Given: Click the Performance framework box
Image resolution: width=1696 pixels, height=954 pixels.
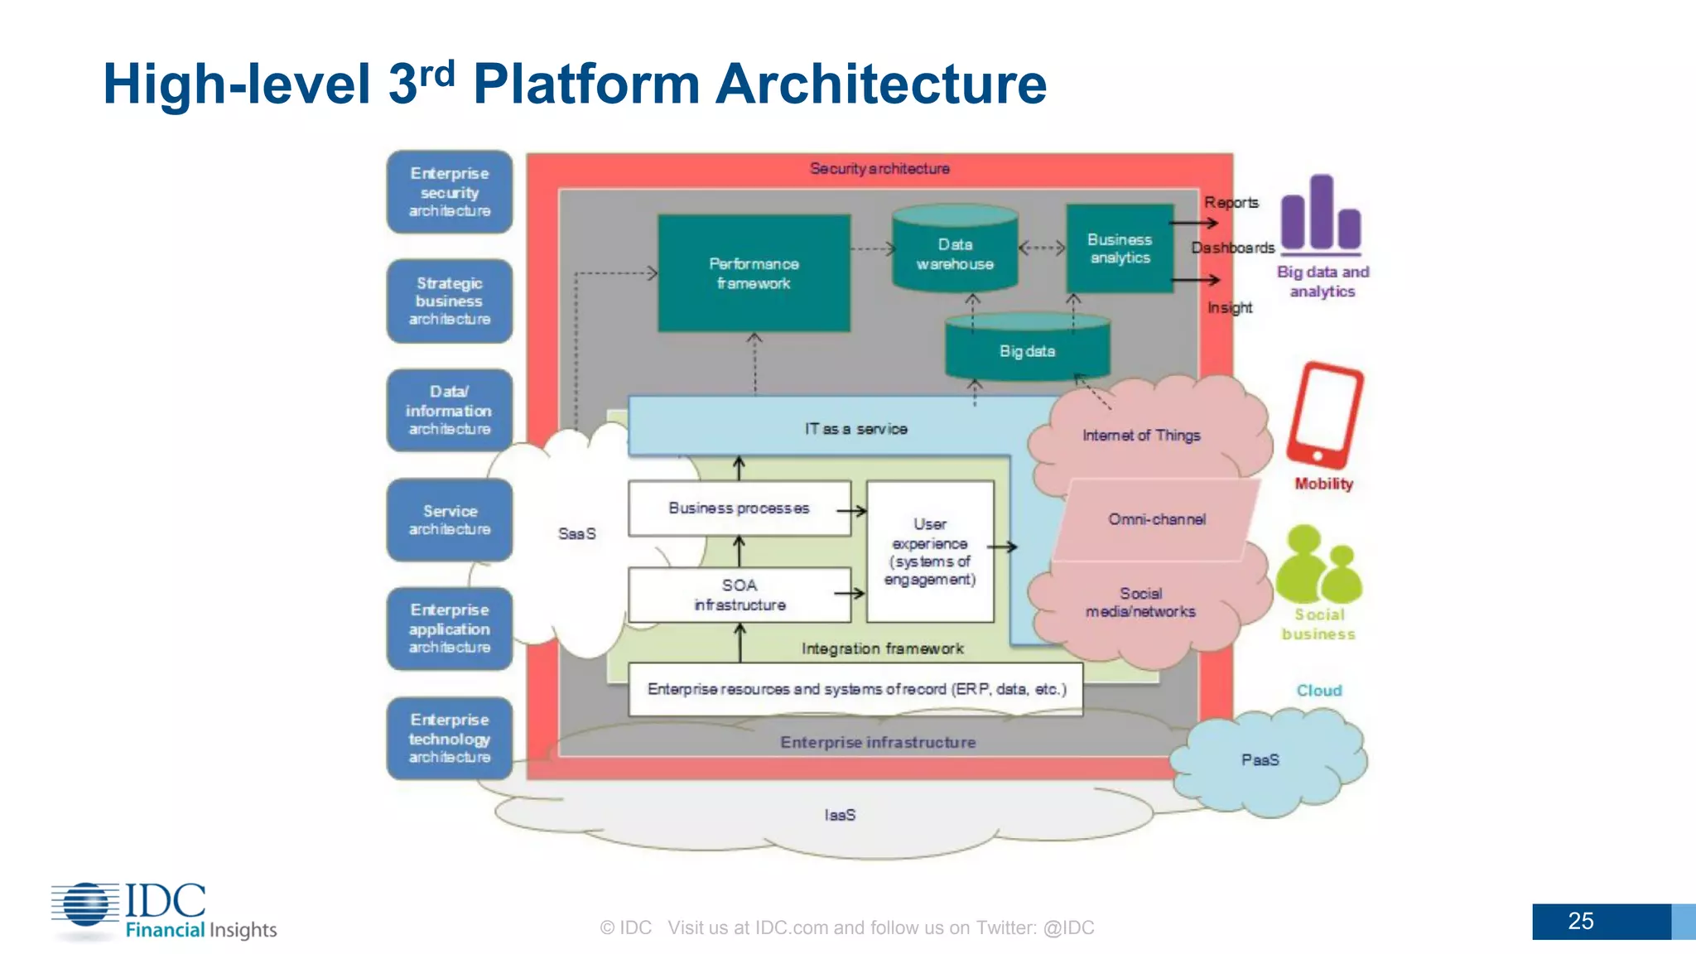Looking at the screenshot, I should coord(754,273).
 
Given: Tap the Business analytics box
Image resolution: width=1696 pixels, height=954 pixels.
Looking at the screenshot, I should coord(1120,248).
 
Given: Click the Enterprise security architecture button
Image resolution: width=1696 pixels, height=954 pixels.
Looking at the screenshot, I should coord(450,192).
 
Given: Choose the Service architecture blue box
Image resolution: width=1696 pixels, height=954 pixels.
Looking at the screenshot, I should coord(450,520).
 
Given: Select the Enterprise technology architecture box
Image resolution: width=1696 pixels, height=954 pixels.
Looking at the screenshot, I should coord(450,738).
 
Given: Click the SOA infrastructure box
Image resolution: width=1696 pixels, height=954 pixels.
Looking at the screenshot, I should coord(740,595).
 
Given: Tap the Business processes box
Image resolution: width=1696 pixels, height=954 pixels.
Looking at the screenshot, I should coord(740,508).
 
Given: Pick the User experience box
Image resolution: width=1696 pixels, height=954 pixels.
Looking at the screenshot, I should coord(930,552).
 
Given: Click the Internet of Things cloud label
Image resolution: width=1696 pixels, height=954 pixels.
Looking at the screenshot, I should coord(1141,436).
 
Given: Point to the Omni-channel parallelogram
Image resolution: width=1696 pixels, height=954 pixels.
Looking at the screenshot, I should coord(1157,519).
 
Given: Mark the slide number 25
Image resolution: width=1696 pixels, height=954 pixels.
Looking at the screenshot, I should coord(1580,921).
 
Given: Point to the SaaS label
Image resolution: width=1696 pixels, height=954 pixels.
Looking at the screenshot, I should coord(577,534).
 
